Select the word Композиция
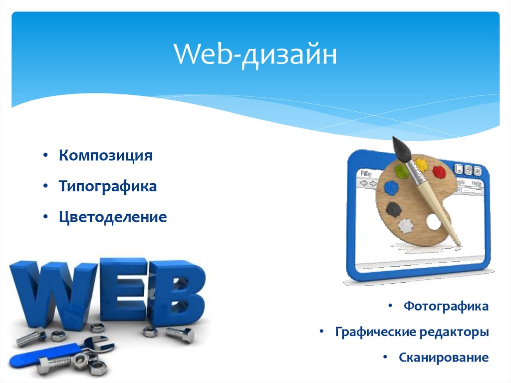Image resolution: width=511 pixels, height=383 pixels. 105,155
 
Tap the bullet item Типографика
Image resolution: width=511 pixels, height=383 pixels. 108,187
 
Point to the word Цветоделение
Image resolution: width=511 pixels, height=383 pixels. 113,218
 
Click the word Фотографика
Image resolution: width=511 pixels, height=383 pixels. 446,306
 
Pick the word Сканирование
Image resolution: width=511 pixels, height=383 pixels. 443,358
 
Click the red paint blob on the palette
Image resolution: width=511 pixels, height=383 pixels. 440,172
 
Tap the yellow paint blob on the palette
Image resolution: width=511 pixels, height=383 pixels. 422,164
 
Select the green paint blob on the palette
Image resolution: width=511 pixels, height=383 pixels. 402,171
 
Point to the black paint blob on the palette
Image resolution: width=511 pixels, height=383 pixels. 394,208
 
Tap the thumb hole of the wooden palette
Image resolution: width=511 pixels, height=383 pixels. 434,222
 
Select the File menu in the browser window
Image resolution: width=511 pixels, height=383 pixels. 366,174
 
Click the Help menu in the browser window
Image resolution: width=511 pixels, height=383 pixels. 477,184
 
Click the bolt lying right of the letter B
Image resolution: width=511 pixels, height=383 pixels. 180,334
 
